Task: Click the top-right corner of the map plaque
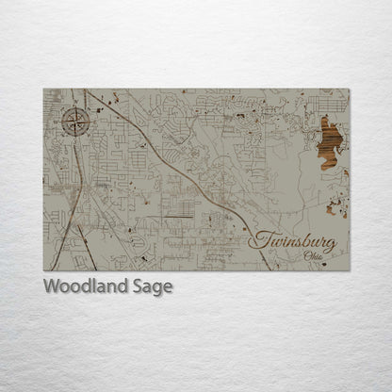(349, 89)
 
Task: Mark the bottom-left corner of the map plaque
(43, 270)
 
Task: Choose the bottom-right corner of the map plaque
(349, 270)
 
